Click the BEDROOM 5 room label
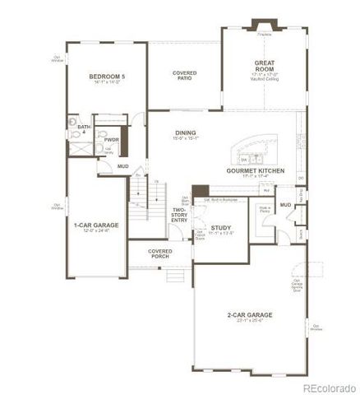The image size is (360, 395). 107,77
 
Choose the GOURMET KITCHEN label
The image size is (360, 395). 256,170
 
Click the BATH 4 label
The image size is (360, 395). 83,129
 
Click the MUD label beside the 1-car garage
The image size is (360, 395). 122,166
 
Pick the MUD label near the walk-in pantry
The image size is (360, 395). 285,204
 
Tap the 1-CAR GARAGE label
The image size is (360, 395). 91,225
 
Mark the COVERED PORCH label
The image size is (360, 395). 159,253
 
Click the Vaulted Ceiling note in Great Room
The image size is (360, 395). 264,79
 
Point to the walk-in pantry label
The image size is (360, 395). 266,210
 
